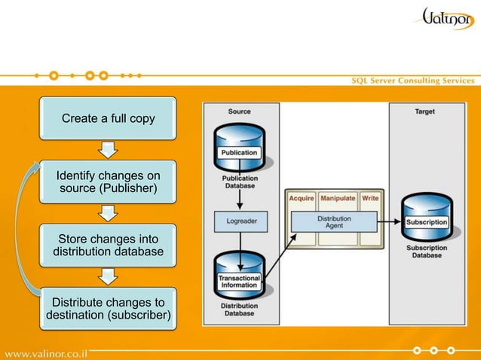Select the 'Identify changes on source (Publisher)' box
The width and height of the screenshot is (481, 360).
coord(108,181)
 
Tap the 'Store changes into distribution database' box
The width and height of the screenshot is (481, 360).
coord(108,244)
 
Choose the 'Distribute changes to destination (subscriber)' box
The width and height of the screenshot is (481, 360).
coord(108,308)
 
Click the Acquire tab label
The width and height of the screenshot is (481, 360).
coord(302,198)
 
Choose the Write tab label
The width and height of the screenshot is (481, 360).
coord(370,198)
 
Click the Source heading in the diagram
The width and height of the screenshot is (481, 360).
coord(240,111)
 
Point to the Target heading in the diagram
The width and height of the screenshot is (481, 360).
coord(424,111)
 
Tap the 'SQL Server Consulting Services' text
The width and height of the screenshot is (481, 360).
coord(413,81)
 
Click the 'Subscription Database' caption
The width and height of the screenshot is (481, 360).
coord(427,251)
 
